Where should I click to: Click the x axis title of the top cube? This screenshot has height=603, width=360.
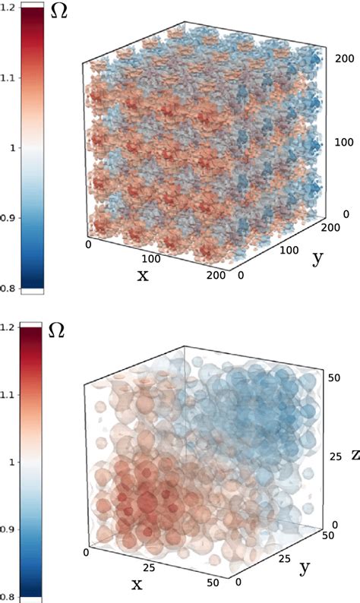[x=142, y=274]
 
